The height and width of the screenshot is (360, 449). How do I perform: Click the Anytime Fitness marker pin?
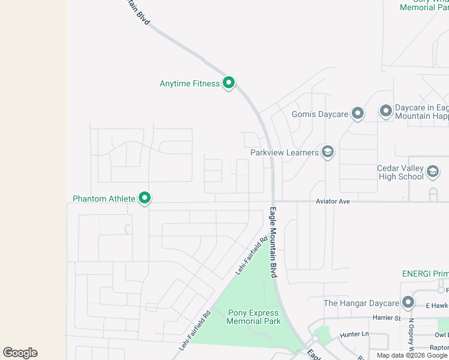tap(228, 83)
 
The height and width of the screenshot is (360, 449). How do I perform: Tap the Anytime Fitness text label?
tap(190, 83)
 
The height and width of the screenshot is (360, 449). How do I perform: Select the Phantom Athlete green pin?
tap(144, 197)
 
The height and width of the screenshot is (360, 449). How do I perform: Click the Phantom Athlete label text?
tap(104, 198)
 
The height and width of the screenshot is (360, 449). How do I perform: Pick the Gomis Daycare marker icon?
tap(358, 113)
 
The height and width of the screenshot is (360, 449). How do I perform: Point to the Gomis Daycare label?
tap(320, 113)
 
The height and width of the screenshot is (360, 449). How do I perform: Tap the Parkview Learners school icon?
tap(327, 152)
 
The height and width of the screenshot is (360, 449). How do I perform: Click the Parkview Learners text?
tap(285, 152)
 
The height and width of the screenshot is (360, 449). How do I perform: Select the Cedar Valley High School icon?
tap(432, 173)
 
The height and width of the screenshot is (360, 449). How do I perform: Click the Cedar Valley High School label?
tap(401, 173)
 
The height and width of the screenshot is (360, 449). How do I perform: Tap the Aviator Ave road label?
tap(333, 202)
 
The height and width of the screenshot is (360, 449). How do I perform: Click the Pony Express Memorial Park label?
tap(253, 317)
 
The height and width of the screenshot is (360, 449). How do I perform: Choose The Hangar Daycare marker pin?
tap(408, 302)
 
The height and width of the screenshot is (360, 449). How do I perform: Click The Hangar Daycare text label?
tap(361, 303)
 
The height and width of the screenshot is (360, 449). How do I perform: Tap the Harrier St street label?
tap(387, 317)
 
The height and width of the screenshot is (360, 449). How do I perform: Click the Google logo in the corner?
tap(20, 353)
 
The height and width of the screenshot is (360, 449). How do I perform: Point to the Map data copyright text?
tap(412, 355)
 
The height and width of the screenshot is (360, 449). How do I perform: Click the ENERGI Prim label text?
tap(425, 274)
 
